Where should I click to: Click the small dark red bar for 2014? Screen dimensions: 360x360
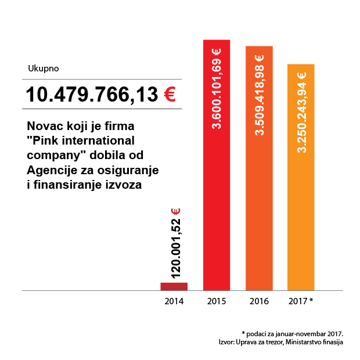click(x=174, y=286)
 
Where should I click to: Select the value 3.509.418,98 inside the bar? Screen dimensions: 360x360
click(x=260, y=99)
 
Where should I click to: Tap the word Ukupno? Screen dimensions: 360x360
click(x=43, y=69)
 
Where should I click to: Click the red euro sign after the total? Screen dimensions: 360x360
click(x=170, y=94)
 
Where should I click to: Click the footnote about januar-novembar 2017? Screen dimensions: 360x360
click(x=293, y=333)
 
